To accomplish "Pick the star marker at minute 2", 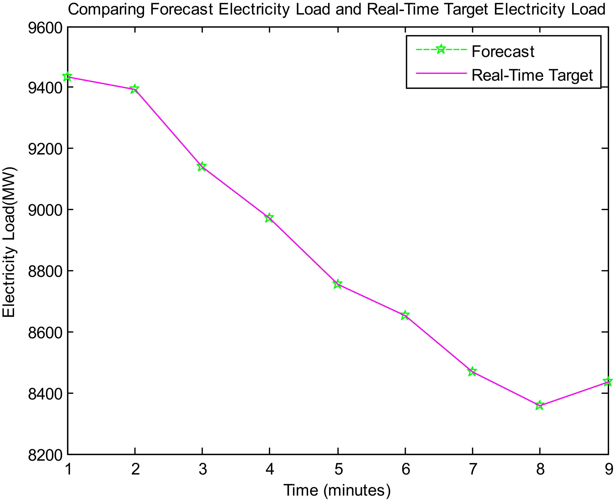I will tap(134, 89).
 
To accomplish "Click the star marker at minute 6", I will tap(405, 315).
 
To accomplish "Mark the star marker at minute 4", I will tap(269, 218).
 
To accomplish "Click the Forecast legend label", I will tap(503, 52).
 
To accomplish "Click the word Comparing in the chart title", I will tap(106, 10).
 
